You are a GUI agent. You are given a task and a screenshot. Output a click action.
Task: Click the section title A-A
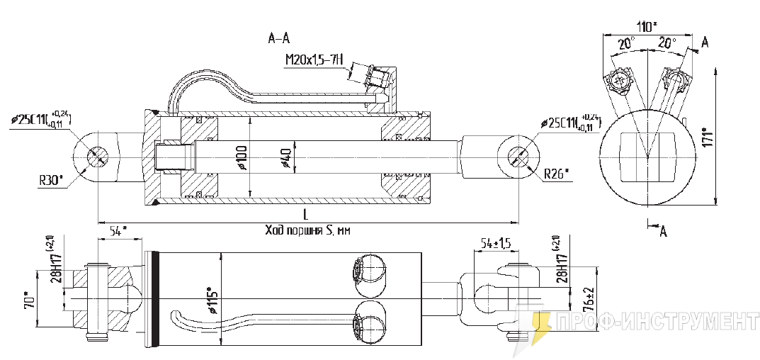tap(279, 39)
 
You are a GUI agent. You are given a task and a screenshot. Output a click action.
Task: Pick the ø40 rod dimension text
tap(285, 157)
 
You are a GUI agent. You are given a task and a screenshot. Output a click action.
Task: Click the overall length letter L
tap(304, 213)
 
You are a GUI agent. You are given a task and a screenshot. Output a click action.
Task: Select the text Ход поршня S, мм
tap(308, 230)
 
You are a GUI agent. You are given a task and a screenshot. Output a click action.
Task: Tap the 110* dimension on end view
tap(645, 27)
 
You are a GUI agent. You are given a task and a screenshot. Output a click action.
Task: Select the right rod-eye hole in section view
tap(517, 156)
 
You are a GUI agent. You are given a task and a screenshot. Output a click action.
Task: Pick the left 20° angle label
tap(624, 44)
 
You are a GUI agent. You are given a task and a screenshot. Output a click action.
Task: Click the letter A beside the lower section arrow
tap(663, 232)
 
